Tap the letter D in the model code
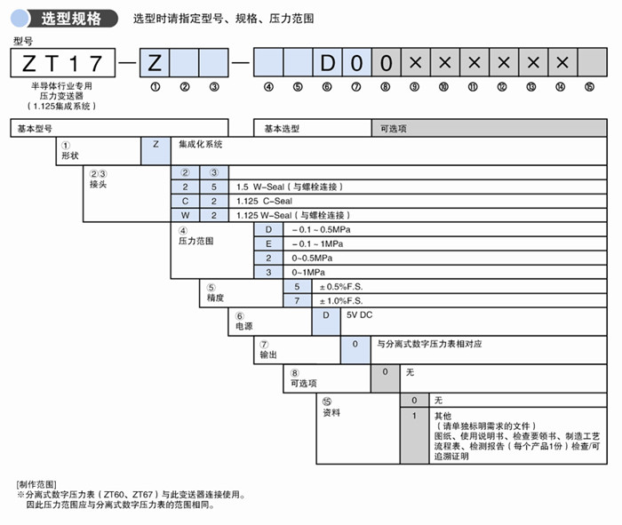tap(327, 63)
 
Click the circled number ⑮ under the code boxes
tap(589, 86)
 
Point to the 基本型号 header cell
tap(36, 129)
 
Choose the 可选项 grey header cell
tap(393, 129)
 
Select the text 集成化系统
tap(200, 143)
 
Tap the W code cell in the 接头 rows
tap(185, 215)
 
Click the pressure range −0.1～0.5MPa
tap(323, 229)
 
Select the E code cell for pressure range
tap(268, 243)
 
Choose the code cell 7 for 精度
tap(297, 301)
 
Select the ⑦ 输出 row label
tap(268, 349)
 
